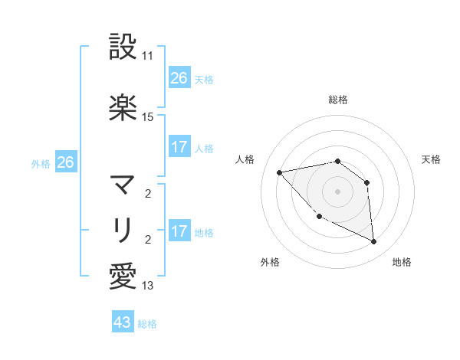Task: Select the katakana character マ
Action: tap(123, 184)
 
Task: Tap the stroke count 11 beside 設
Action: tap(148, 57)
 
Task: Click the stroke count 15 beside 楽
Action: tap(148, 117)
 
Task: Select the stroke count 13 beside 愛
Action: tap(148, 286)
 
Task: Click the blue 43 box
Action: tap(122, 322)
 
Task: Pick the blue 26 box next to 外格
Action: tap(65, 162)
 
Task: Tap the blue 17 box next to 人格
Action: tap(179, 147)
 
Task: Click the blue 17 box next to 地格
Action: tap(179, 231)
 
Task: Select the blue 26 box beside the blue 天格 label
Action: tap(179, 78)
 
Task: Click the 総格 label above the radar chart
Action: tap(338, 100)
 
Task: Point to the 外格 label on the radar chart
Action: tap(270, 262)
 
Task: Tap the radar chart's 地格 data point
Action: tap(374, 242)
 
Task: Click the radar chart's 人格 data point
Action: tap(280, 172)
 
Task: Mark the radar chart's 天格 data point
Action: tap(367, 182)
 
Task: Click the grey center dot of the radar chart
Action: tap(337, 191)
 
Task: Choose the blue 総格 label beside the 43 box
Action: tap(147, 324)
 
